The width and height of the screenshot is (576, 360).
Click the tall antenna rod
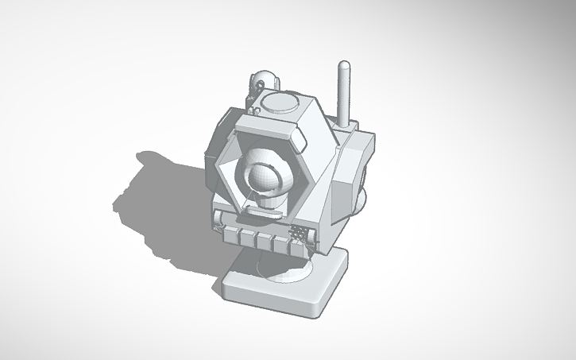coord(344,91)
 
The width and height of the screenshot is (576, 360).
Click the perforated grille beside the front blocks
coord(300,234)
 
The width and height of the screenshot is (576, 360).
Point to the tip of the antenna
coord(344,64)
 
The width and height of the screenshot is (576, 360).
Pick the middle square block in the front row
coord(263,238)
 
